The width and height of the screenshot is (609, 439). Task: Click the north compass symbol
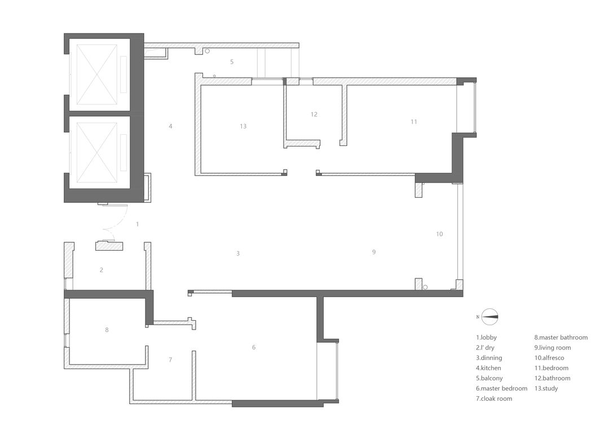tap(489, 317)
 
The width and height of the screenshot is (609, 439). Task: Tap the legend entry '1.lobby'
tap(486, 338)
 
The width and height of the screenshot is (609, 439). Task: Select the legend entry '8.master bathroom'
tap(561, 338)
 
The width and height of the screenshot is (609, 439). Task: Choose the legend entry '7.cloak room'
tap(494, 398)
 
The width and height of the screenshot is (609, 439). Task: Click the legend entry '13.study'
tap(546, 388)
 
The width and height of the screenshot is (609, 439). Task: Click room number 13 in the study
tap(243, 126)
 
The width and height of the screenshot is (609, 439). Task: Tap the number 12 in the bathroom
tap(314, 114)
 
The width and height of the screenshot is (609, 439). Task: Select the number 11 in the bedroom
tap(414, 122)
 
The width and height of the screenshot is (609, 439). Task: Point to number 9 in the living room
tap(374, 252)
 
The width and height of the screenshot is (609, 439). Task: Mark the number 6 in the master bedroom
tap(254, 347)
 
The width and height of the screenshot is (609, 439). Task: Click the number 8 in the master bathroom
tap(107, 330)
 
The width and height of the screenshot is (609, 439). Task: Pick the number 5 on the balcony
tap(232, 62)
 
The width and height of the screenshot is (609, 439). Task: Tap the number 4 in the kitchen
tap(170, 126)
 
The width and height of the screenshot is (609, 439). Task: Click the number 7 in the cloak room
tap(170, 360)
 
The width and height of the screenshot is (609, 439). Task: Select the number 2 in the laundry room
tap(101, 270)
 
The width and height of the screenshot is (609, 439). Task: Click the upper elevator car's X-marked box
tap(97, 74)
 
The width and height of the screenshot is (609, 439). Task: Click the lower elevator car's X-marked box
tap(97, 152)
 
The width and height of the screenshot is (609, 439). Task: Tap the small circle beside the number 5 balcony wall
tap(208, 51)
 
